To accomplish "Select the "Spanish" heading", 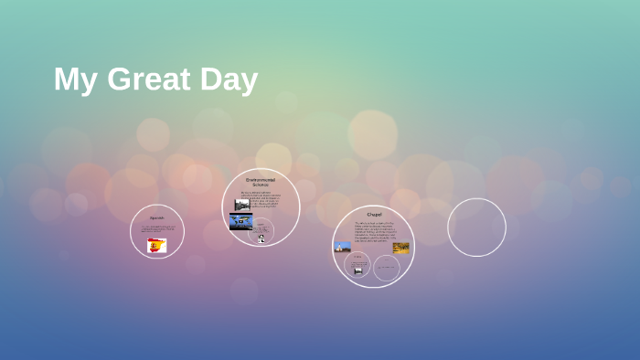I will click(157, 217).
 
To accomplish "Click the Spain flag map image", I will click(157, 245).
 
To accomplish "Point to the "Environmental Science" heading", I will click(261, 182).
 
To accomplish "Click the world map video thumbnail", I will click(241, 221).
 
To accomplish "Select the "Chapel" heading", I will click(374, 214).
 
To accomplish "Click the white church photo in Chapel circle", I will click(343, 247).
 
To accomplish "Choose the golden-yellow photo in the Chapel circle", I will click(401, 247).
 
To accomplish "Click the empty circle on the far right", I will click(476, 228).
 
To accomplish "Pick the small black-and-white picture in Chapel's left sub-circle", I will click(357, 270).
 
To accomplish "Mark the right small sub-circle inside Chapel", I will click(387, 267).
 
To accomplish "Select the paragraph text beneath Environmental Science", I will click(261, 198).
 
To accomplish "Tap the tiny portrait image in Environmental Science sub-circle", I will click(261, 238).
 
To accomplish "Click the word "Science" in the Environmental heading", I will click(261, 185).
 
